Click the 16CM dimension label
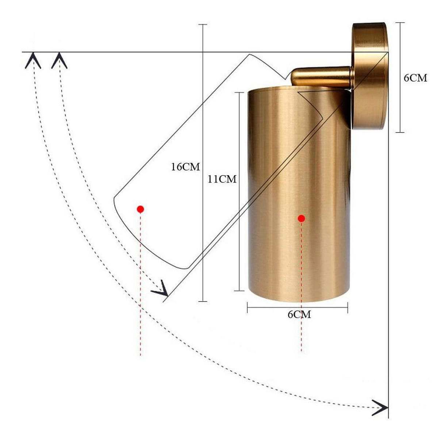coord(185,167)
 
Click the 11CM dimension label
coord(222,179)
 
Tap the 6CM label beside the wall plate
coord(415,78)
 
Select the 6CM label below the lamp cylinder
coord(299,315)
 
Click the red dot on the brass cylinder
coord(301,219)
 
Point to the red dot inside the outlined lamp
coord(141,210)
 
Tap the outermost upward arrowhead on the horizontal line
coord(33,61)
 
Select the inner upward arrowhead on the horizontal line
coord(59,61)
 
